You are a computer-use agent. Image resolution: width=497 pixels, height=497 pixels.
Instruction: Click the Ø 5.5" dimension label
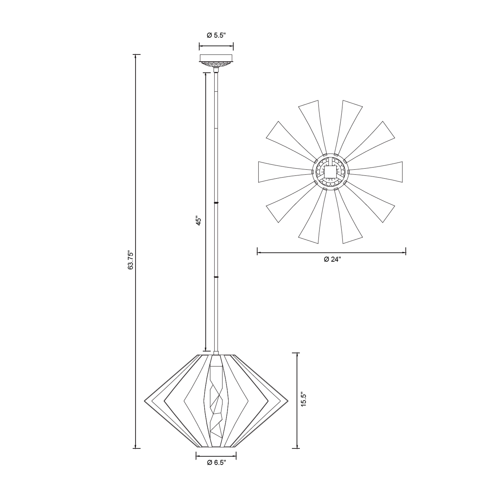(216, 36)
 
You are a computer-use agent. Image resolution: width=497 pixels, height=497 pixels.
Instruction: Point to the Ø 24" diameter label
(332, 259)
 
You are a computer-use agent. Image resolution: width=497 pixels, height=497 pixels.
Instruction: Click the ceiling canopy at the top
(216, 61)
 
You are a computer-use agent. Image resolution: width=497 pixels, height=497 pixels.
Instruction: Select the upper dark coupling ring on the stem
(216, 203)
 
